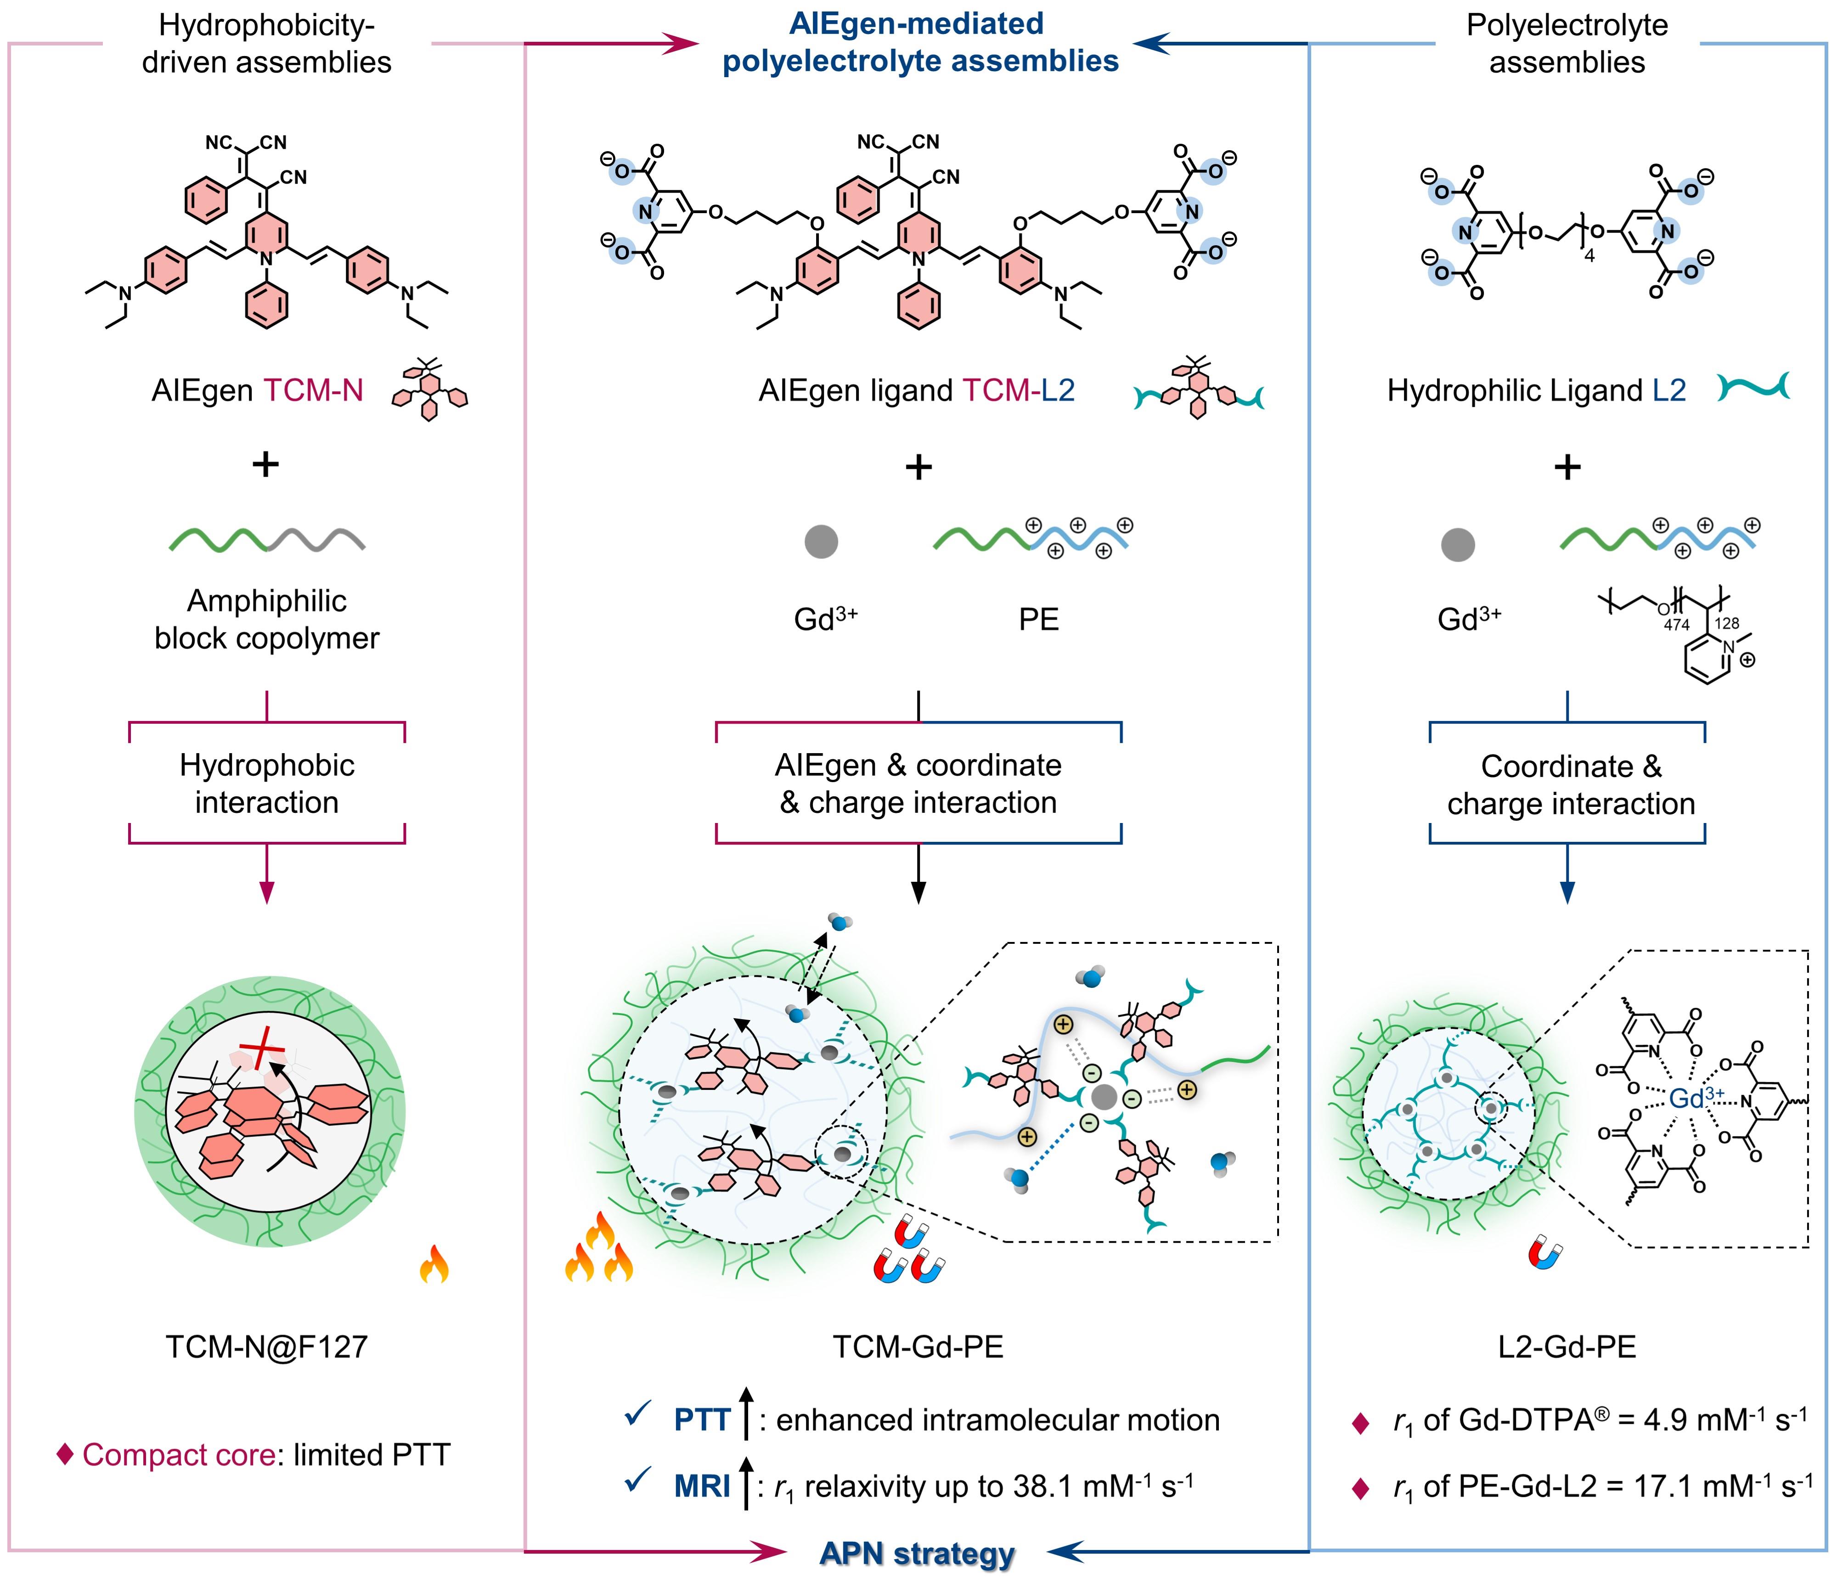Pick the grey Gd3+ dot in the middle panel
[821, 541]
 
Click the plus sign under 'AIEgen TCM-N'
[266, 464]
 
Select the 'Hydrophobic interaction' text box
[267, 784]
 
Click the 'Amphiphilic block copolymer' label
[267, 620]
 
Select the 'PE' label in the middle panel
[1038, 620]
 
